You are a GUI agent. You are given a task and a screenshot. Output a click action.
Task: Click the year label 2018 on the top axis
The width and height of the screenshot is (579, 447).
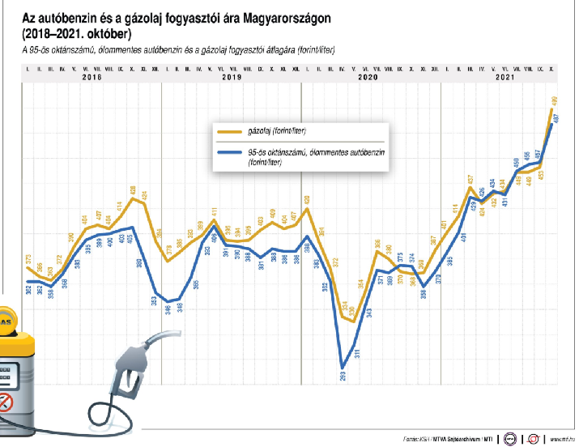tap(92, 78)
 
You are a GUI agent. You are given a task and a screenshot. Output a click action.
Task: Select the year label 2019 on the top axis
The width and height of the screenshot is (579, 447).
tap(232, 78)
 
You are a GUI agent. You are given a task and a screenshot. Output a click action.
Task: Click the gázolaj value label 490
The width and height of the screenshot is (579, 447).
tap(553, 102)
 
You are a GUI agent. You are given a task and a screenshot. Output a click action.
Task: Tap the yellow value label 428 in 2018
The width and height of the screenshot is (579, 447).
tap(133, 191)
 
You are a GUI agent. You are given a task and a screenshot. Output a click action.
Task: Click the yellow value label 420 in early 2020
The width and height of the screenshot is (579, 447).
tap(307, 200)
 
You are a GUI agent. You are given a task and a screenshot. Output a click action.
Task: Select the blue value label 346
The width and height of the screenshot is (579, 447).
tap(168, 308)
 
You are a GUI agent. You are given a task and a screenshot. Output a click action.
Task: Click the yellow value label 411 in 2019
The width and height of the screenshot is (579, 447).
tap(214, 213)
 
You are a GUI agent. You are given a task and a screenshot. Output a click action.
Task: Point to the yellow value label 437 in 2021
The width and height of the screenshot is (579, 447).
tap(470, 180)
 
